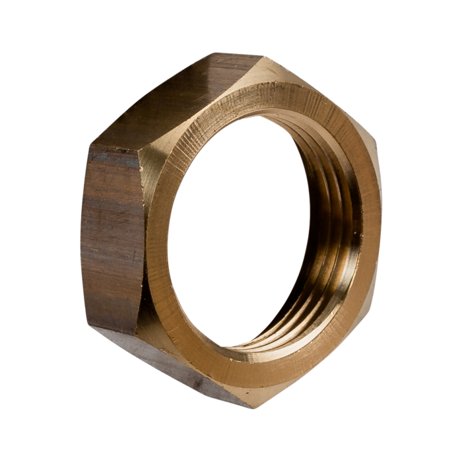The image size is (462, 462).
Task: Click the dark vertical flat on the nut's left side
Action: tap(112, 238)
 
